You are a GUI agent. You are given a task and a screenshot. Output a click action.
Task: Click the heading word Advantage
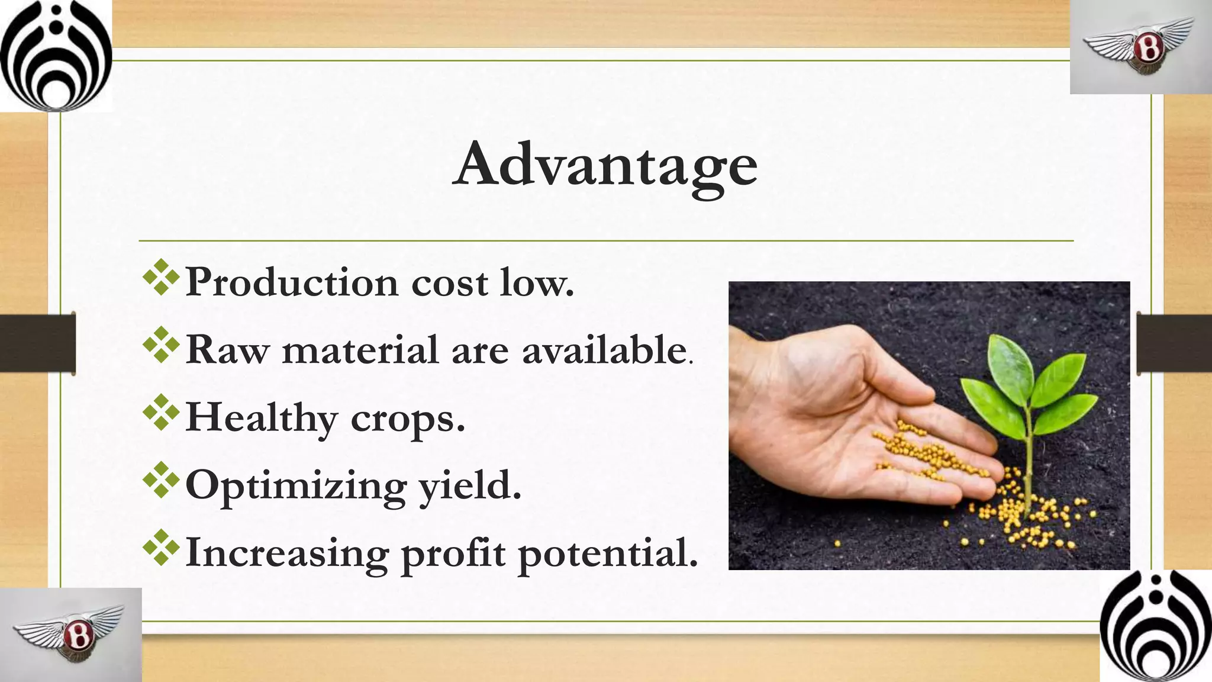click(x=605, y=166)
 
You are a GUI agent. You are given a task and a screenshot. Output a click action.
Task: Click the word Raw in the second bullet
click(x=227, y=350)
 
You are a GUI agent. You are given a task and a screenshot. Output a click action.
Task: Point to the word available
click(x=604, y=350)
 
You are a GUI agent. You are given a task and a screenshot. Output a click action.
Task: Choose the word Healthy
click(x=261, y=417)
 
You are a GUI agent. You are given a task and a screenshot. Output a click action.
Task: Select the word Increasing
click(x=287, y=554)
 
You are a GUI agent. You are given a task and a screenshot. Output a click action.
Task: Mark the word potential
click(x=608, y=554)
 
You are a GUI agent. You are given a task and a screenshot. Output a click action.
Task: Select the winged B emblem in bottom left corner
click(x=71, y=635)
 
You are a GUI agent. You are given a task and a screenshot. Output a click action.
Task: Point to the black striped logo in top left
click(x=55, y=55)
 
